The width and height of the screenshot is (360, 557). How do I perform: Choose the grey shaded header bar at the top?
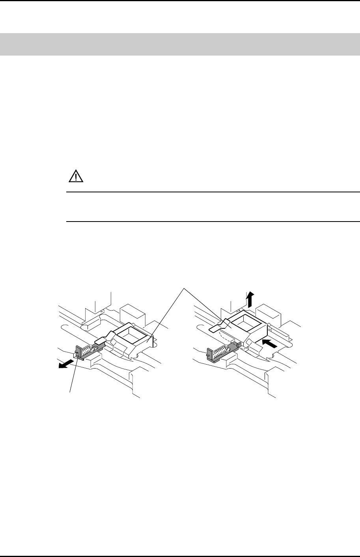tap(180, 44)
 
